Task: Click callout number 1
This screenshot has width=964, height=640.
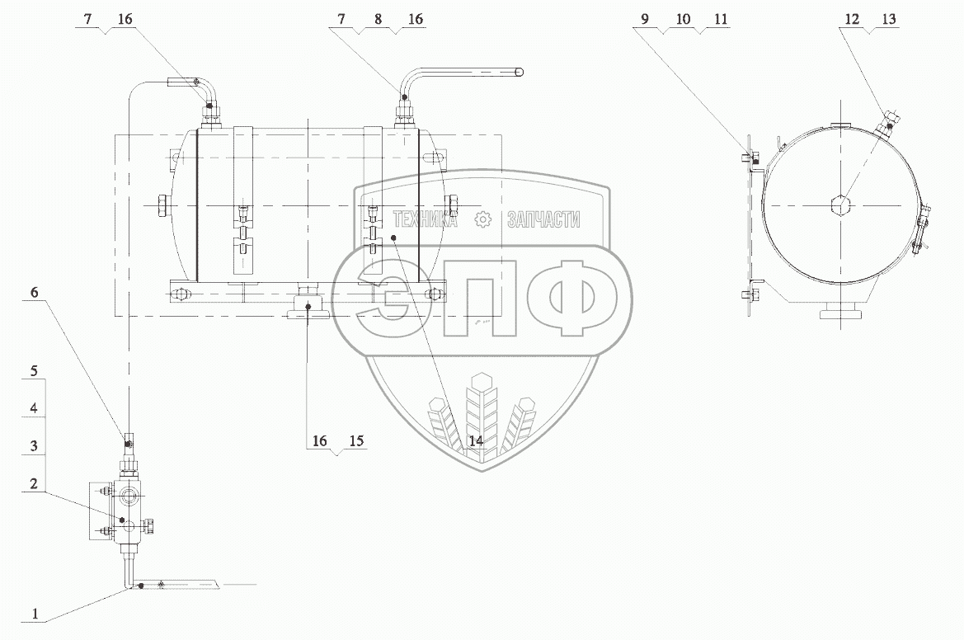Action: [x=35, y=613]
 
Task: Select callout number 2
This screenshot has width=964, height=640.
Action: [x=35, y=483]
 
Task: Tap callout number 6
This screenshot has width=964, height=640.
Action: [x=35, y=292]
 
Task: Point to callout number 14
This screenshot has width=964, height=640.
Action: [x=476, y=440]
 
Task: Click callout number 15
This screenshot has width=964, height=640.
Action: [x=356, y=440]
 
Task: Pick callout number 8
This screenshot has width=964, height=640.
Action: [x=379, y=19]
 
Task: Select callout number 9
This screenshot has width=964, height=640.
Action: [x=645, y=19]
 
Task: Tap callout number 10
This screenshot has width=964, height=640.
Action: [x=683, y=19]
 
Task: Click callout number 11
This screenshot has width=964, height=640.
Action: [x=721, y=19]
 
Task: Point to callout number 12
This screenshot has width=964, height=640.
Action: [x=852, y=19]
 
